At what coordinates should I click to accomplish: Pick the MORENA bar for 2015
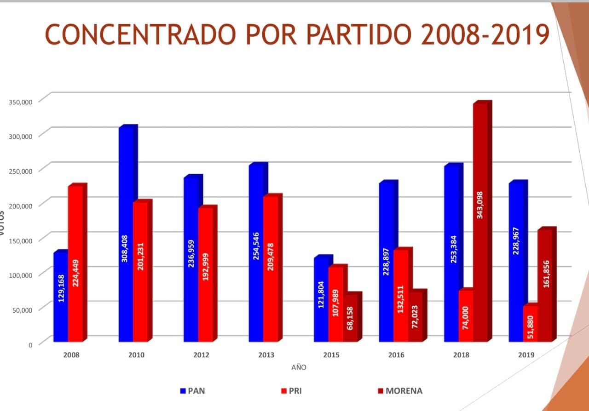tap(350, 322)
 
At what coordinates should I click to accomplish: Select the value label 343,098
tap(480, 205)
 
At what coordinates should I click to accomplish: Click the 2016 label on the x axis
tap(396, 355)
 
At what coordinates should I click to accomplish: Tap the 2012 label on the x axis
tap(202, 355)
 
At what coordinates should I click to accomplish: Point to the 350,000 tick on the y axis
tap(21, 102)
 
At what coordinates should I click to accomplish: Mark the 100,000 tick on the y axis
tap(21, 275)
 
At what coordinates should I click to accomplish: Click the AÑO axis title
tap(299, 367)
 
